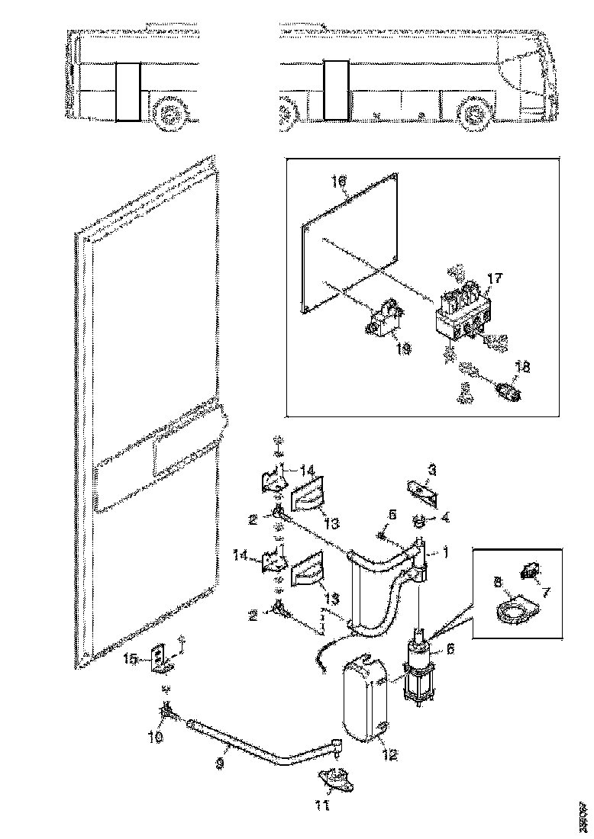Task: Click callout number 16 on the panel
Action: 339,182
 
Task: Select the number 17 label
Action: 494,280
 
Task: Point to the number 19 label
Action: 403,349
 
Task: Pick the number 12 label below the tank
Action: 390,757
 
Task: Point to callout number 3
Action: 432,471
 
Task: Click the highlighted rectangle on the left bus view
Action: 128,92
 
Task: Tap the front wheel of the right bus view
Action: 473,114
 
